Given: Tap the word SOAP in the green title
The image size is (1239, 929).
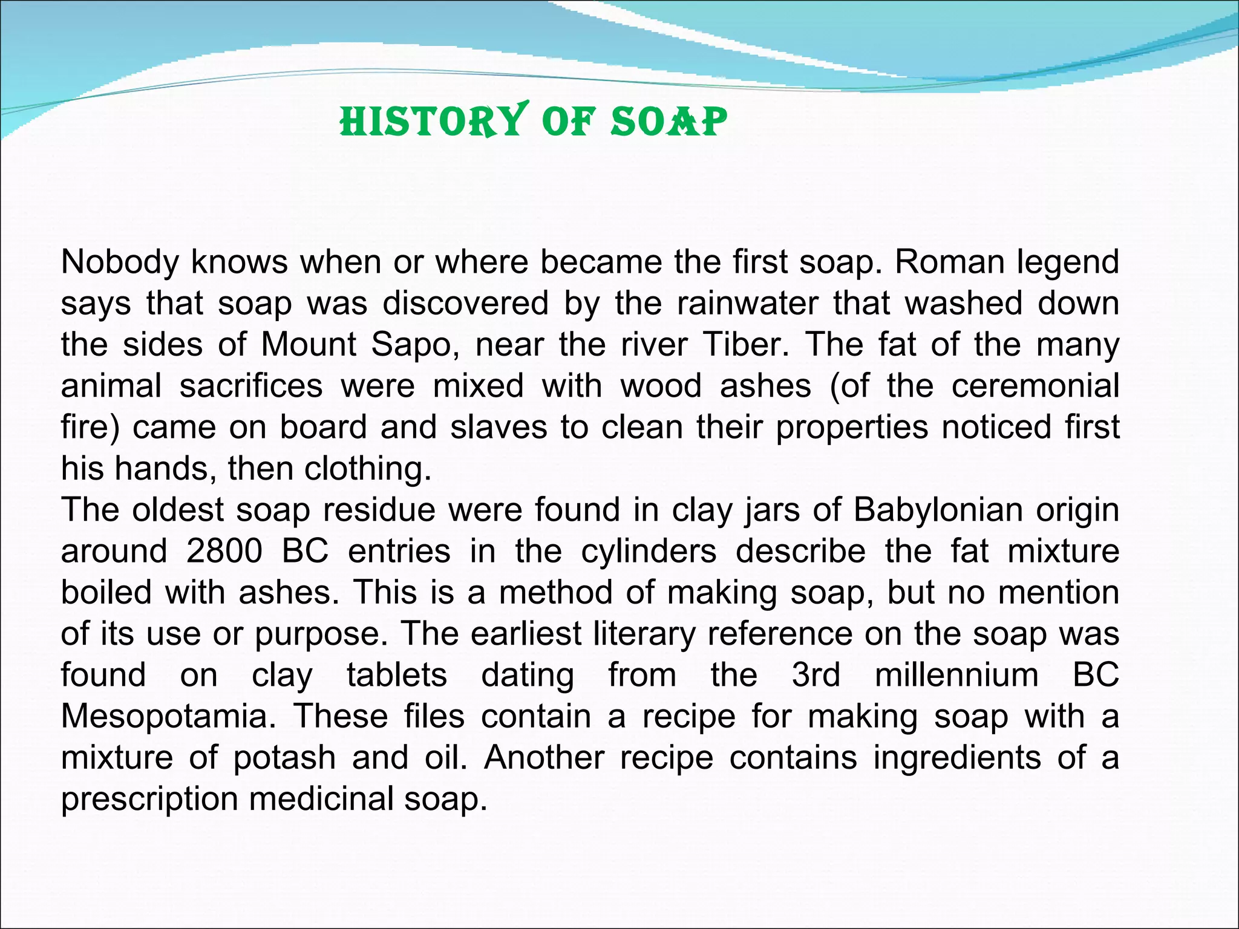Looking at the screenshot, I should coord(669,122).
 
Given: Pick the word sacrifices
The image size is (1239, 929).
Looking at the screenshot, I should coord(252,386).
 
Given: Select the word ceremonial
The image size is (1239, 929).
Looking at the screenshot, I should coord(1035,386).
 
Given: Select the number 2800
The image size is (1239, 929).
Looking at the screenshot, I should coord(224,552).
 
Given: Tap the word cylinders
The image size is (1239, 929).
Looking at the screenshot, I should coord(649,552).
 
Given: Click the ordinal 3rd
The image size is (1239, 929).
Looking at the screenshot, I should coord(816,675).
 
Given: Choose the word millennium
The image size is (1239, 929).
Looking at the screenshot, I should coord(956,675).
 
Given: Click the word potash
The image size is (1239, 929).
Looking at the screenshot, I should coord(284,758).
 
